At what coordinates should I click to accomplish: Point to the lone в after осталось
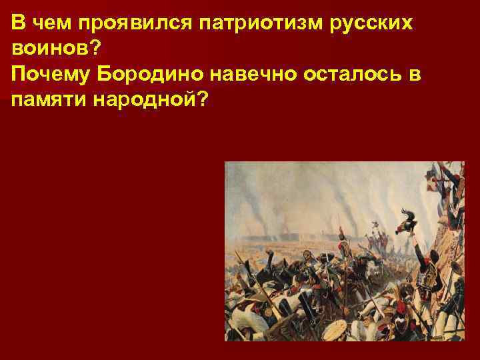click(415, 74)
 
